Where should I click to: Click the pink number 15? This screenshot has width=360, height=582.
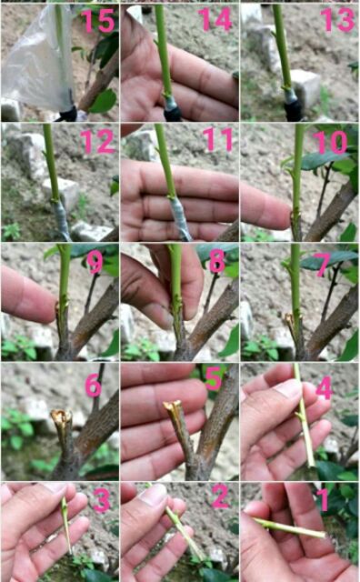click(98, 21)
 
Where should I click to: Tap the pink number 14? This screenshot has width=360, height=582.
click(215, 20)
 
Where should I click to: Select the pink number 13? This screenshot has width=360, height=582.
click(338, 20)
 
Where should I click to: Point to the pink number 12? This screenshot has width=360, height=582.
click(97, 142)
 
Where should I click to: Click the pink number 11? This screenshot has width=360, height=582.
click(218, 140)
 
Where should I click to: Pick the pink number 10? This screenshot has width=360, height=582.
click(330, 143)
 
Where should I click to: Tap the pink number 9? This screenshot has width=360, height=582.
click(95, 262)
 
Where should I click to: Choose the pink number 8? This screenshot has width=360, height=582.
click(217, 261)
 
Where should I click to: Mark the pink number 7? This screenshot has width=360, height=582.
click(323, 265)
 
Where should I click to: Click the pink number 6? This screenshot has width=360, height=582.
click(93, 386)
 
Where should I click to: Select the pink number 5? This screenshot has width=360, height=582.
click(214, 379)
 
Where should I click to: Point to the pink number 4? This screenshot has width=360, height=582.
click(325, 388)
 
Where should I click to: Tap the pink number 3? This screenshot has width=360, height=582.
click(101, 500)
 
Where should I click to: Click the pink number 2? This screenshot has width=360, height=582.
click(220, 497)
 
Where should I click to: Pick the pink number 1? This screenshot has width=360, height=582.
click(324, 499)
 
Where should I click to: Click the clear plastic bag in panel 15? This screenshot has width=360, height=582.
click(37, 59)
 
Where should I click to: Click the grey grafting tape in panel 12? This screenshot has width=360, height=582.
click(61, 219)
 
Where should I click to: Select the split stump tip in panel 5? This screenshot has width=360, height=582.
click(172, 406)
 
